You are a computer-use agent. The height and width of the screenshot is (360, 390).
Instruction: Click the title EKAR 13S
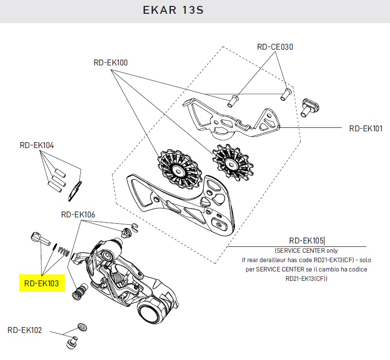pos(173,10)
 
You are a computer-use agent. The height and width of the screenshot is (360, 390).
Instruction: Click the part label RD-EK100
pos(110,63)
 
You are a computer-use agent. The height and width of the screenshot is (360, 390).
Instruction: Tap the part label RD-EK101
pos(365,129)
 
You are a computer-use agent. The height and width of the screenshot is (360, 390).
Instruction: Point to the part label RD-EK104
pos(36,146)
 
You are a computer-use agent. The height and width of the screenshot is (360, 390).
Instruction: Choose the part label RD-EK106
pos(78,214)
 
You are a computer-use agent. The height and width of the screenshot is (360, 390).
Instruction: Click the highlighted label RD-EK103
pos(41,283)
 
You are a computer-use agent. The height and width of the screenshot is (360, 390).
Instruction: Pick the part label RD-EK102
pos(25,330)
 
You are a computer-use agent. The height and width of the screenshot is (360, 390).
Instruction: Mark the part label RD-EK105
pos(306,240)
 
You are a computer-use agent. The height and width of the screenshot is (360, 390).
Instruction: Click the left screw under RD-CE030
pos(232,101)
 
